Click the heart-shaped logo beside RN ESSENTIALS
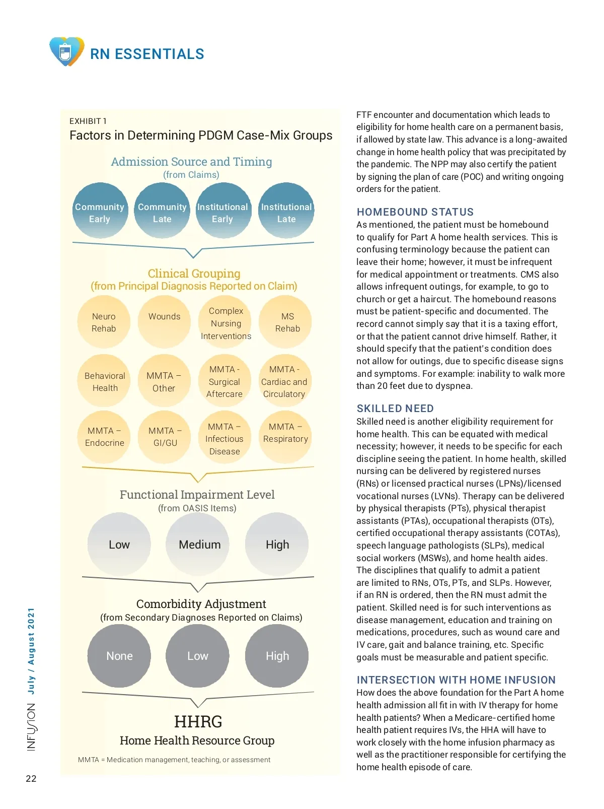click(x=66, y=51)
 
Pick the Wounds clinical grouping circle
click(x=164, y=321)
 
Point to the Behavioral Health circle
click(x=105, y=381)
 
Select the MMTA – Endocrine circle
click(x=104, y=436)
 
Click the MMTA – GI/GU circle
click(x=165, y=436)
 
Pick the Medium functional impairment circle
click(x=199, y=544)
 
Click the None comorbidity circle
click(x=119, y=655)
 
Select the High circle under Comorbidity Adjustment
click(x=277, y=655)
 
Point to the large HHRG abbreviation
click(x=198, y=721)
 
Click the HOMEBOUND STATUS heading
click(x=415, y=212)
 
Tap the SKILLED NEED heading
click(x=395, y=409)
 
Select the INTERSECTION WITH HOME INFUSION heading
click(x=456, y=680)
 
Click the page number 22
click(x=31, y=778)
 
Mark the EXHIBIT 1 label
click(x=88, y=121)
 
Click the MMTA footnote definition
click(x=174, y=760)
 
